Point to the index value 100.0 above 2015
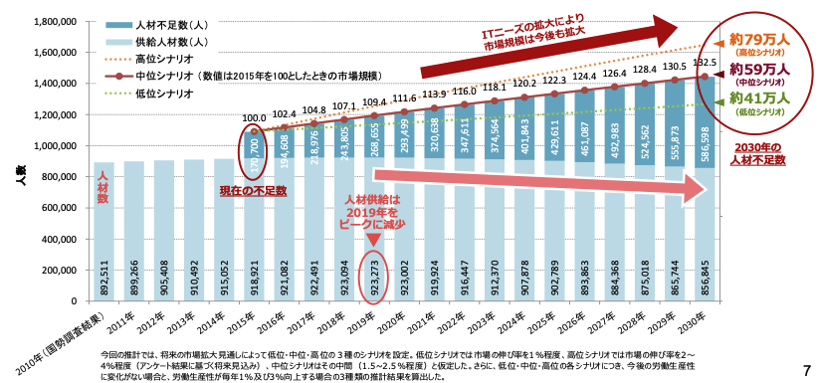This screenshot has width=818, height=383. [x=254, y=117]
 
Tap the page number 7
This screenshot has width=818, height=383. [x=807, y=370]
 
